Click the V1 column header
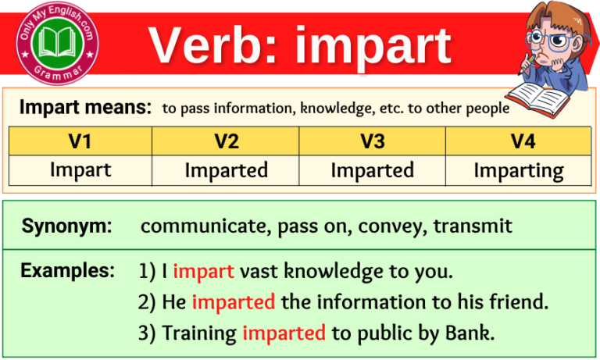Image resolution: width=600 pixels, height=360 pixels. pos(80,141)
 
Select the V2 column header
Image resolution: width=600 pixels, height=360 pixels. pos(226,141)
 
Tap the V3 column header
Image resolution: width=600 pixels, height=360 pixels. pos(372,141)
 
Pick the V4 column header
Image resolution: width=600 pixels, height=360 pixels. pos(518,141)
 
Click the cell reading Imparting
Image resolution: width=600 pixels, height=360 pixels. pos(518,169)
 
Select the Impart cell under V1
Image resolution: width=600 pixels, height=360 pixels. pos(80,169)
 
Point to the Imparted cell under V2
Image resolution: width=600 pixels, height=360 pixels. pos(226,169)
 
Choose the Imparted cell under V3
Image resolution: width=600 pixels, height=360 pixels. pos(372,169)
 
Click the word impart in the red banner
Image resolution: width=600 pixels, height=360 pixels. pos(373,47)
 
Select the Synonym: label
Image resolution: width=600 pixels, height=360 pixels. pos(66,226)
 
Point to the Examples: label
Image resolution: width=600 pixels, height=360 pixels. pos(67,271)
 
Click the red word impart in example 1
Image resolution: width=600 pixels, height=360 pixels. pos(203,272)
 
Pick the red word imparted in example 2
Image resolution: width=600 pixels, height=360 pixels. pos(233,301)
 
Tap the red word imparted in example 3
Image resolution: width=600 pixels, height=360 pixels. pos(284,333)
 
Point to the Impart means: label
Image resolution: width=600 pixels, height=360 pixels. pos(85,108)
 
